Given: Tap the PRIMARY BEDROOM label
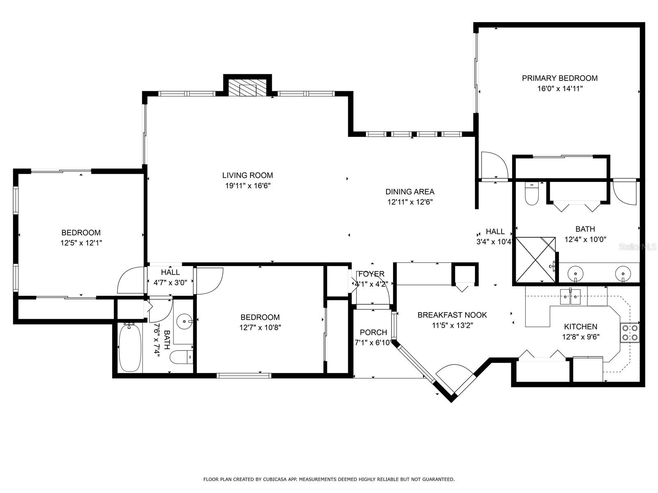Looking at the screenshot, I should coord(559,78).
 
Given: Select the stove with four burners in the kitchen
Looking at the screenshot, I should coord(630,332).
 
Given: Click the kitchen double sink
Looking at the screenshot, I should coord(571,296).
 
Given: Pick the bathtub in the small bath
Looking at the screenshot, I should coord(130,348).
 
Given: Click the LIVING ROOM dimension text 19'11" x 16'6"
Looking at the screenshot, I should coord(248,186).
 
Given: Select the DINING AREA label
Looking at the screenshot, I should coord(410,191).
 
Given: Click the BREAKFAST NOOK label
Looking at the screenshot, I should coord(452,315).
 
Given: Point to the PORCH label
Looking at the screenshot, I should coord(373,332).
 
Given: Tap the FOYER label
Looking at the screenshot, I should coord(371,274).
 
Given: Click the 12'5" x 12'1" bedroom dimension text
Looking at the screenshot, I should coord(81,243).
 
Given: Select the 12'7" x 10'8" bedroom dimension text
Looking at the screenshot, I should coord(260,327).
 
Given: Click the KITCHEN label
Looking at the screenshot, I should coord(580,327).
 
